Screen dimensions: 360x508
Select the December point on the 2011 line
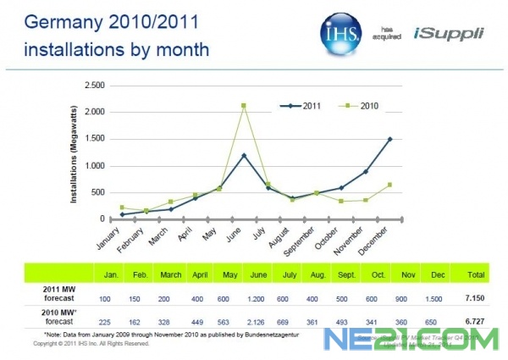pos(389,139)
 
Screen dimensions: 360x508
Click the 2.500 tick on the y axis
pos(94,86)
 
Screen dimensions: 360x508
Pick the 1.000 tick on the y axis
pos(94,165)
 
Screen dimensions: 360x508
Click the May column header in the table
pos(227,274)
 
